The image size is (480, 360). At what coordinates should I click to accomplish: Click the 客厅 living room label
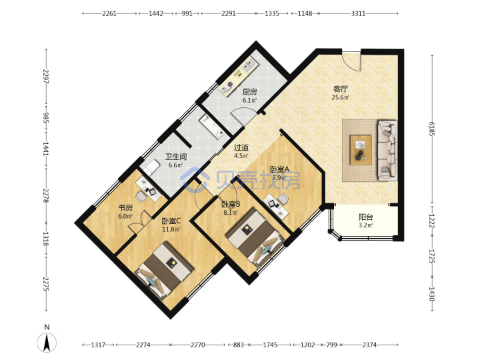tap(341, 89)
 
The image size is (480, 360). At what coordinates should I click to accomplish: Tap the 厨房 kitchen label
tap(249, 91)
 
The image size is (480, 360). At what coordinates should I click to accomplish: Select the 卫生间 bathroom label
tap(176, 157)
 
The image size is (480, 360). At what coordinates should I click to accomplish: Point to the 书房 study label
tap(125, 208)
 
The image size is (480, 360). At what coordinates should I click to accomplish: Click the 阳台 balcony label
tap(366, 217)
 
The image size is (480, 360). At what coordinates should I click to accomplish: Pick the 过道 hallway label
tap(241, 147)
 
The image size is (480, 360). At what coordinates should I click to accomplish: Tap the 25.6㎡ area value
tap(341, 97)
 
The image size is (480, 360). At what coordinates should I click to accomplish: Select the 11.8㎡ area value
tap(171, 229)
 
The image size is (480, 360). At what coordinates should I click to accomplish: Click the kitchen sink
tap(249, 65)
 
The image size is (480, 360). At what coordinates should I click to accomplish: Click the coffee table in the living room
tap(361, 150)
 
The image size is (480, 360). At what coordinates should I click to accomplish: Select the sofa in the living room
tap(387, 150)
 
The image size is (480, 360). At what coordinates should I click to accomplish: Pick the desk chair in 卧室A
tap(283, 199)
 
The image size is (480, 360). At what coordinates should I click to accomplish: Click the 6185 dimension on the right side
tap(432, 129)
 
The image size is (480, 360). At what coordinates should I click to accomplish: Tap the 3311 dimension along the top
tap(358, 13)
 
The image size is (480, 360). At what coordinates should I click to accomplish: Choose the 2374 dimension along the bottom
tap(369, 345)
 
